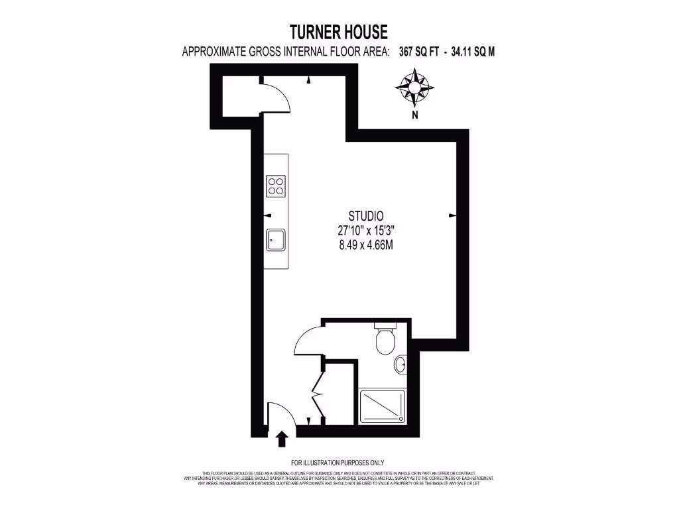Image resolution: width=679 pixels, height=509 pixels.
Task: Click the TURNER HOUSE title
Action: [339, 32]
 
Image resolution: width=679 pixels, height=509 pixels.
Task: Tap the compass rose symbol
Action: [415, 88]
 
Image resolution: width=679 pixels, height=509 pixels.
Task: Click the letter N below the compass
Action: [415, 115]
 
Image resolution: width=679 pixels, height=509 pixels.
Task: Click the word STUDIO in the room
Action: [367, 215]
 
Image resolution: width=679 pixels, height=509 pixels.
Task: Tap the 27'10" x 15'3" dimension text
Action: [367, 231]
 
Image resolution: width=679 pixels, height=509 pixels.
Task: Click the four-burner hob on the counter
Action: [276, 186]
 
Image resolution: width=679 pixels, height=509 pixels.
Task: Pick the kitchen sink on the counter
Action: [276, 240]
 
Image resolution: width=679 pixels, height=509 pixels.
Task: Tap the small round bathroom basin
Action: [401, 365]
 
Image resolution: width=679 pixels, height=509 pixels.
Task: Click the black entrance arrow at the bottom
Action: [281, 438]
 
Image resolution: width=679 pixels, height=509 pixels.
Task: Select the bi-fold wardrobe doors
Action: [317, 392]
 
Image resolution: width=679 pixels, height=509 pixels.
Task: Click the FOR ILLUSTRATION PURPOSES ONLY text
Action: [338, 462]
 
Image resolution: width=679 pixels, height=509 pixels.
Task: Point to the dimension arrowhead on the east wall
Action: [453, 215]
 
